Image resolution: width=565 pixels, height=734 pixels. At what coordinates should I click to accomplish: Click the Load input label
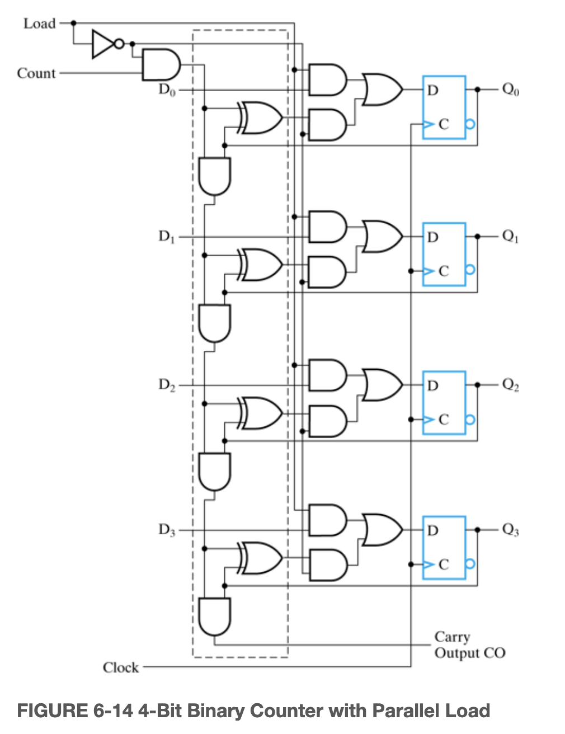click(39, 23)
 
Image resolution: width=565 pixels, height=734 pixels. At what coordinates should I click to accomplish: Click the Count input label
click(36, 73)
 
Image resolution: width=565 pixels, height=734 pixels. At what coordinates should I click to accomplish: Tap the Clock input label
click(120, 667)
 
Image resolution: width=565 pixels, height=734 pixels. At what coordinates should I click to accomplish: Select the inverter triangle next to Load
click(103, 44)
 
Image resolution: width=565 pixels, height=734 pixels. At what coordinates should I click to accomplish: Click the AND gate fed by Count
click(161, 65)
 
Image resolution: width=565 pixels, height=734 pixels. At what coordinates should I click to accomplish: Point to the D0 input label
click(167, 90)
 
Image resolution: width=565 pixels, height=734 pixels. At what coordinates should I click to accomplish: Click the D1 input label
click(167, 237)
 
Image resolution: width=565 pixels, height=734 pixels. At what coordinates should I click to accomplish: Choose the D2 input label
click(167, 385)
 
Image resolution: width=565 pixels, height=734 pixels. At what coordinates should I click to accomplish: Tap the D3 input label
click(167, 529)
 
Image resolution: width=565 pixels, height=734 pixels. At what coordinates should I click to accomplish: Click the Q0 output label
click(510, 89)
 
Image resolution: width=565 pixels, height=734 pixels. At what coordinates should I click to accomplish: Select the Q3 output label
click(510, 529)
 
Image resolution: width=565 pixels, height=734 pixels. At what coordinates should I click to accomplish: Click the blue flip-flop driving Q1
click(444, 254)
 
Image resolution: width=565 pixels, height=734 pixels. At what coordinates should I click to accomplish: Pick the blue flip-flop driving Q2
click(444, 402)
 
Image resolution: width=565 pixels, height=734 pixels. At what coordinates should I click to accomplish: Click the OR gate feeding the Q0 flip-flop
click(382, 90)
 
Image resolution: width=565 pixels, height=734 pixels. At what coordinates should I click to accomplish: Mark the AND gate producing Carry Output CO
click(214, 617)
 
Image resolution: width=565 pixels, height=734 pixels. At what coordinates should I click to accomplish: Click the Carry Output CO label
click(469, 645)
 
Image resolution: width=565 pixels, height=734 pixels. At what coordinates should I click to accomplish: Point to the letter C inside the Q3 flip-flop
click(444, 564)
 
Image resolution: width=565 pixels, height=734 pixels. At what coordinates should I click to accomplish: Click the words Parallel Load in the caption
click(431, 711)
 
